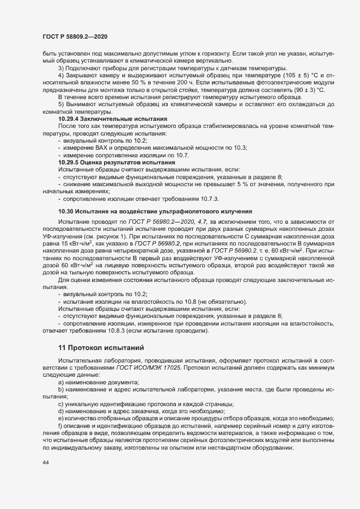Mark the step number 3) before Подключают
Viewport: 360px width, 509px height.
61,68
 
